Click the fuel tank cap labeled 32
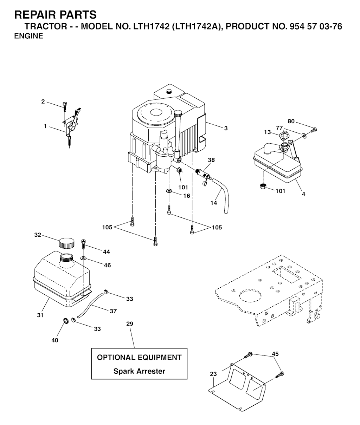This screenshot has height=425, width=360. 66,243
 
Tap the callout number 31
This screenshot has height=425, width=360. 40,315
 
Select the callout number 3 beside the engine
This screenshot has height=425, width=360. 226,128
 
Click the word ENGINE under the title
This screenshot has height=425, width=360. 29,36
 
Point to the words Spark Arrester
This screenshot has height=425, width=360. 139,371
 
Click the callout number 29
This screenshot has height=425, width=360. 130,323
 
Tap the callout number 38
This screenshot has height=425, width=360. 211,160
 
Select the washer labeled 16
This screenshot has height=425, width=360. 169,191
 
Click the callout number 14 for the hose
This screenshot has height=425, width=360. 214,203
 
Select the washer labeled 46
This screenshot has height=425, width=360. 83,258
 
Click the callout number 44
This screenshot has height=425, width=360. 107,251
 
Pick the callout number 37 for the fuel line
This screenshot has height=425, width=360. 113,311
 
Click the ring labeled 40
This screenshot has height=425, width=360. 65,321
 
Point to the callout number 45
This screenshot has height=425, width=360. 276,354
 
